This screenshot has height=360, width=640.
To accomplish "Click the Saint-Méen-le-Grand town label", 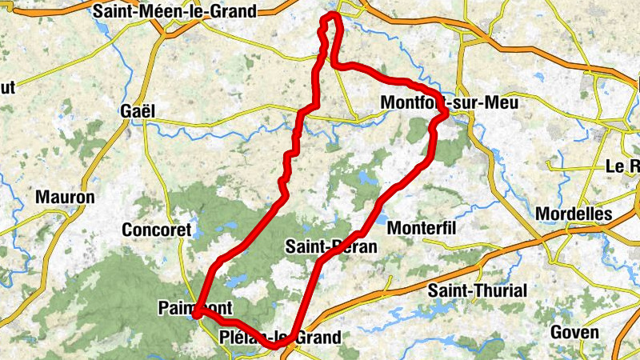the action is pyautogui.click(x=174, y=12).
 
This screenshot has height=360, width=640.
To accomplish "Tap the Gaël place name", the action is pyautogui.click(x=137, y=111).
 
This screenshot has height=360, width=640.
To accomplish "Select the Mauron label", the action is pyautogui.click(x=65, y=197).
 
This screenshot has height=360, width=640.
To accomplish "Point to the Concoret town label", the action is pyautogui.click(x=157, y=230).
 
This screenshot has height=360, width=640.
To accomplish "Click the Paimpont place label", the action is pyautogui.click(x=195, y=308).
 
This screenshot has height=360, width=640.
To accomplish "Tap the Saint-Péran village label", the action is pyautogui.click(x=330, y=247).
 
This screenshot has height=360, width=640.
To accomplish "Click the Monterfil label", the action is pyautogui.click(x=421, y=229).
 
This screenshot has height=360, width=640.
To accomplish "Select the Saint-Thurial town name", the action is pyautogui.click(x=478, y=290).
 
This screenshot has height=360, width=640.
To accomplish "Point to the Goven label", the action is pyautogui.click(x=574, y=332).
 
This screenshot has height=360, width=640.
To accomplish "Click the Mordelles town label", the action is pyautogui.click(x=574, y=214).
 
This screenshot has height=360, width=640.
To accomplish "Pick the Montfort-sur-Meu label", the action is pyautogui.click(x=450, y=103).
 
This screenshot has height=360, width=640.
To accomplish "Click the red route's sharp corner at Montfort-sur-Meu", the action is pyautogui.click(x=444, y=115).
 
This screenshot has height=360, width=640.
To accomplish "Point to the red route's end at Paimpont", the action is pyautogui.click(x=195, y=314).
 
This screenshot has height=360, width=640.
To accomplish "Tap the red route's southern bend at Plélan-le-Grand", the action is pyautogui.click(x=277, y=346).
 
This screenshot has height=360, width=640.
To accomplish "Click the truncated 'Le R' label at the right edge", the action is pyautogui.click(x=623, y=167).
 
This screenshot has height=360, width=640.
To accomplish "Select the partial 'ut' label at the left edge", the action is pyautogui.click(x=7, y=87).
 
